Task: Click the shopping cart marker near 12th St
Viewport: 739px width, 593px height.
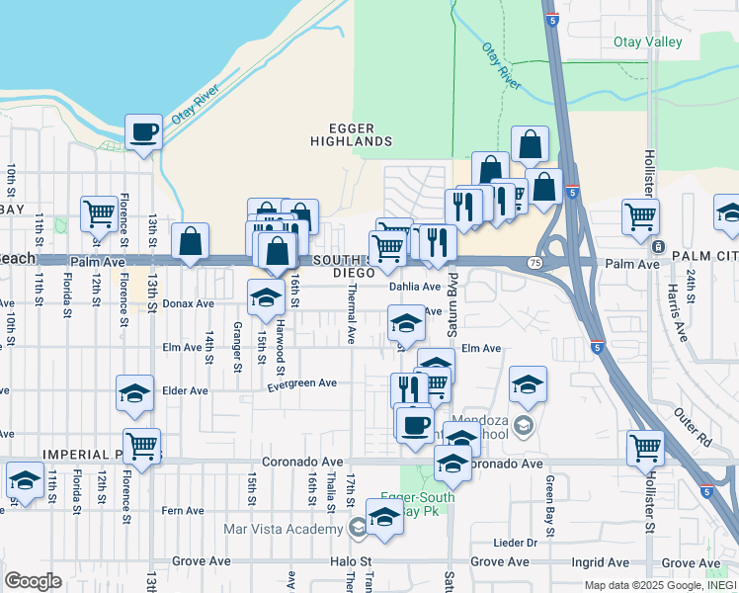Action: [x=99, y=212]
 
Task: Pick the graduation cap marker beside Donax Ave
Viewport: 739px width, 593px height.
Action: [x=266, y=296]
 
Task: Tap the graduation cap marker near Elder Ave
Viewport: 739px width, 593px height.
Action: [x=134, y=392]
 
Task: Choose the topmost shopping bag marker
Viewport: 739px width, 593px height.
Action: [x=530, y=143]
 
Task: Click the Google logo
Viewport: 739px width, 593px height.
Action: [x=33, y=581]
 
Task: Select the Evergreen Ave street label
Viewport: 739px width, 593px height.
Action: [x=301, y=382]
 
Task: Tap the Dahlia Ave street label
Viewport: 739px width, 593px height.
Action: [x=415, y=287]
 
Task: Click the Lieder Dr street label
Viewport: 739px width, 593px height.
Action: [x=518, y=543]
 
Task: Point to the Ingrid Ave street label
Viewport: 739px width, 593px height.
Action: [x=590, y=561]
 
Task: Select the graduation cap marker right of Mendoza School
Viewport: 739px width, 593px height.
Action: [x=529, y=385]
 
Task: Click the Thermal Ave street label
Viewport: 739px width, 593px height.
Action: [x=351, y=314]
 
